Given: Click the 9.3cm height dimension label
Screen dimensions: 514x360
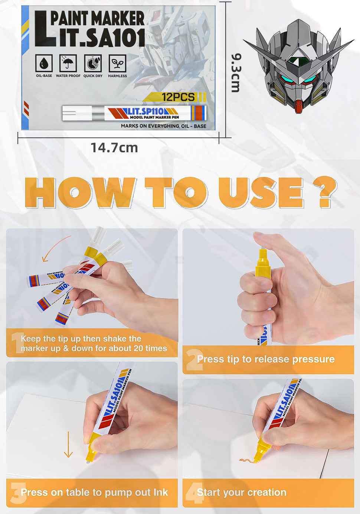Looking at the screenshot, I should [x=236, y=72].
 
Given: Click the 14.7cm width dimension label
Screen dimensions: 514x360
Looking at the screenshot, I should [x=114, y=148].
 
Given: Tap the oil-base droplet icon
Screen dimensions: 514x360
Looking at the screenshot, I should [x=44, y=64].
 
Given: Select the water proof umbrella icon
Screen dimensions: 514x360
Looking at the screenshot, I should [x=68, y=64].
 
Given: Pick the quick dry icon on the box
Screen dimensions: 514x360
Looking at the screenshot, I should [x=93, y=64].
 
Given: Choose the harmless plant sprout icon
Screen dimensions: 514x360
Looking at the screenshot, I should [x=117, y=64].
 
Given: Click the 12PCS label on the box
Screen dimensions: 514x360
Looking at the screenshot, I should [x=178, y=97].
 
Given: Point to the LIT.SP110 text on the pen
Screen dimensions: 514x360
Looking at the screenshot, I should [x=145, y=111].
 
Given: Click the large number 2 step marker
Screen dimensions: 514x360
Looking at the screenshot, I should [x=194, y=360].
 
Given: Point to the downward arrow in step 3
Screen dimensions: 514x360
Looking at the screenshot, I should [x=68, y=444].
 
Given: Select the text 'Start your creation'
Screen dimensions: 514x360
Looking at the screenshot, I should [x=242, y=492].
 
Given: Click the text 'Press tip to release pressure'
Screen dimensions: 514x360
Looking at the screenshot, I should [x=266, y=359].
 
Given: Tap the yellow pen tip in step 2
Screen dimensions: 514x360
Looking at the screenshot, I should [x=262, y=257].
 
